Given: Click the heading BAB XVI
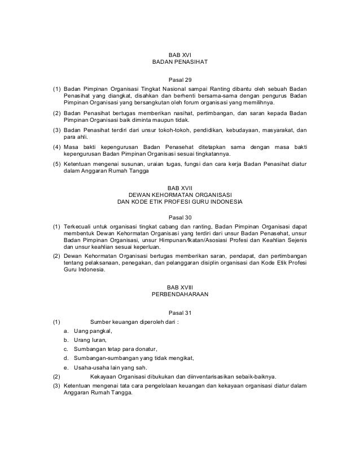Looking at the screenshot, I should point(180,54).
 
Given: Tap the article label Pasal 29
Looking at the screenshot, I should point(180,79).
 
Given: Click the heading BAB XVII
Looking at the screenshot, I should point(180,187).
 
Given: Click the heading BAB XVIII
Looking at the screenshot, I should point(180,286).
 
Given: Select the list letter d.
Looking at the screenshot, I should point(67,358).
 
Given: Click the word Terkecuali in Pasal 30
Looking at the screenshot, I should point(78,228).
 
